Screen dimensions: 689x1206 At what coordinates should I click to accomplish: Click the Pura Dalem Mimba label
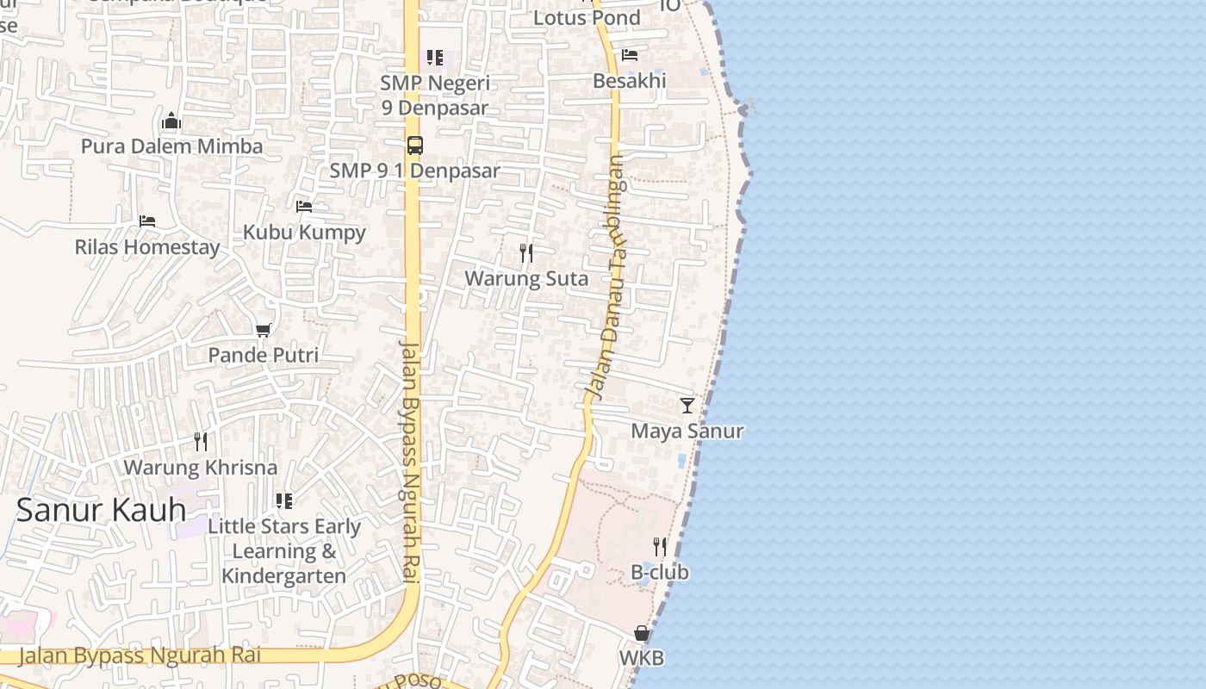[x=171, y=146]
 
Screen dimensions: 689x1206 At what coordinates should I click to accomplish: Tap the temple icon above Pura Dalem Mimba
[x=171, y=121]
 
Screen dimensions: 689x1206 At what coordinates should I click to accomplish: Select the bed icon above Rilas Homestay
[x=147, y=221]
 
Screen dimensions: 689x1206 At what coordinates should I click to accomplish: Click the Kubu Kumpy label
[x=304, y=233]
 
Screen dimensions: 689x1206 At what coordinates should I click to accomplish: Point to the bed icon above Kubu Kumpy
[x=304, y=207]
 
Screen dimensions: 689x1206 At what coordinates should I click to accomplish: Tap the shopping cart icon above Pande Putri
[x=264, y=330]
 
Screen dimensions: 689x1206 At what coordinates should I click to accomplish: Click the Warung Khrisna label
[x=201, y=468]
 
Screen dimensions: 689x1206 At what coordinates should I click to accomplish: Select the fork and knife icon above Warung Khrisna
[x=201, y=442]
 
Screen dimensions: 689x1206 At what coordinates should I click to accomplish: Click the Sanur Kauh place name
[x=101, y=510]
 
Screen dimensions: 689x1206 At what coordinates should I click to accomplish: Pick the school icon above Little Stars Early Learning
[x=284, y=500]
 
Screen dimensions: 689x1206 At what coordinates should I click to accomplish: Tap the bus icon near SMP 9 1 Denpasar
[x=415, y=146]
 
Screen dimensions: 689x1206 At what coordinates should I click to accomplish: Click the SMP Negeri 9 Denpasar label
[x=435, y=96]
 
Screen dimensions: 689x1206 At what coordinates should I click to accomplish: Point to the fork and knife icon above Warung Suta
[x=526, y=253]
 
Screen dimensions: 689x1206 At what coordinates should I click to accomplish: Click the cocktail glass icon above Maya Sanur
[x=687, y=405]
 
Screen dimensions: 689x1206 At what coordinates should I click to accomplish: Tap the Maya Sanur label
[x=687, y=431]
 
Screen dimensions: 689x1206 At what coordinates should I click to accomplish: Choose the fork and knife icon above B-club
[x=660, y=546]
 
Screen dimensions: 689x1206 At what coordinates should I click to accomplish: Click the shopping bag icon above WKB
[x=642, y=633]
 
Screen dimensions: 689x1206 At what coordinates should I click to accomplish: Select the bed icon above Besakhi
[x=630, y=55]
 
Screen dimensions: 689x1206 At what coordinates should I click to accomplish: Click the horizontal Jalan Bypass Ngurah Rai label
[x=140, y=655]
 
